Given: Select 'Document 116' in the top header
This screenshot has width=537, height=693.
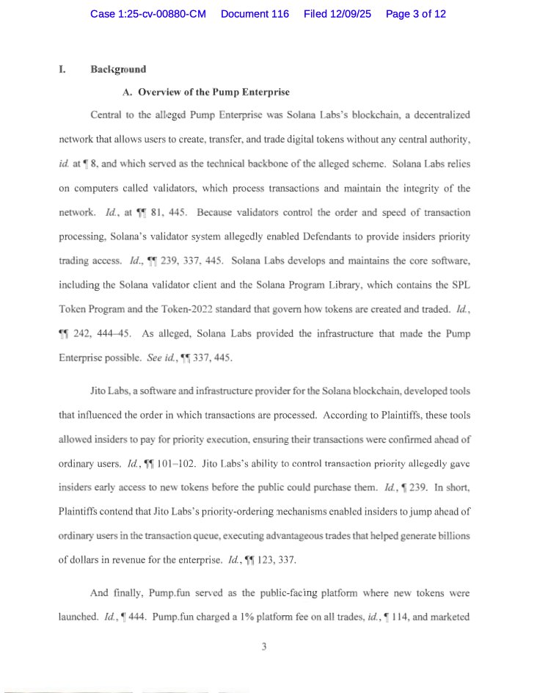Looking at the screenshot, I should click(x=255, y=14).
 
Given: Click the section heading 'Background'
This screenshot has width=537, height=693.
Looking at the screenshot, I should click(x=118, y=70).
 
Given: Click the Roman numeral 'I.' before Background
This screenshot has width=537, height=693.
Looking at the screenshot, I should click(x=62, y=70).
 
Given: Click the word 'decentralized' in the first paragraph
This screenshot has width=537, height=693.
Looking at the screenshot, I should click(x=437, y=115).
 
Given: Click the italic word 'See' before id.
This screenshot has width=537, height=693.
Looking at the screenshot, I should click(x=154, y=358).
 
